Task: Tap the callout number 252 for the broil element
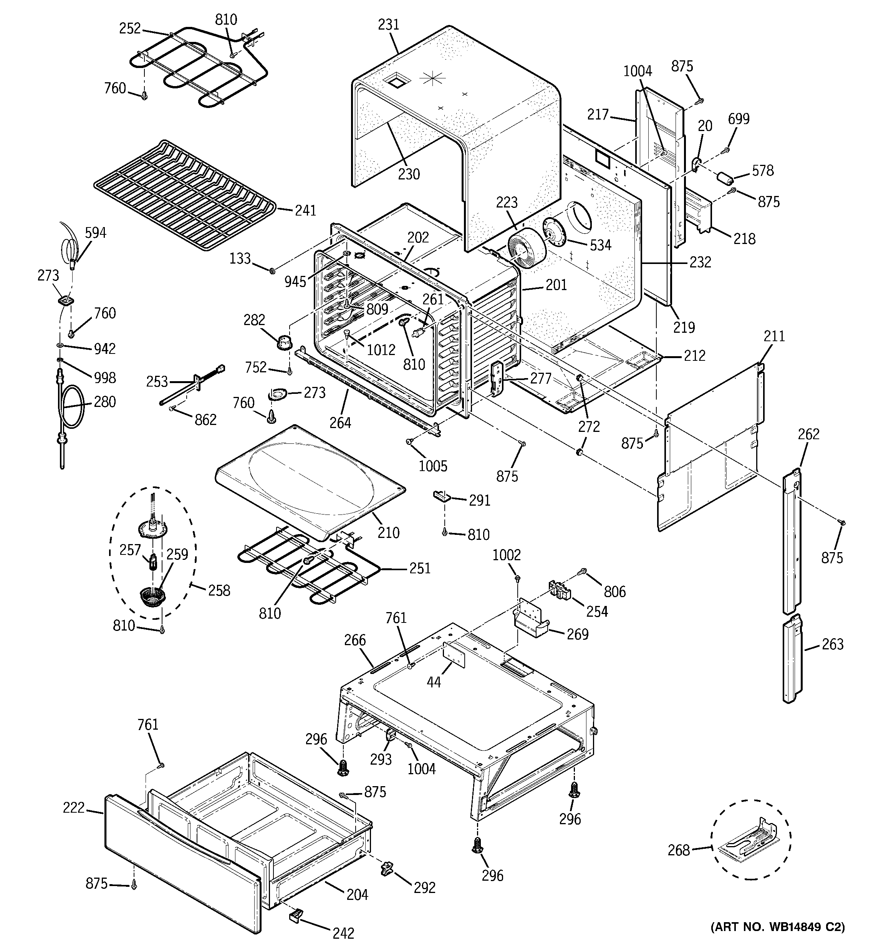129,29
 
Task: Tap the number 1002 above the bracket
507,555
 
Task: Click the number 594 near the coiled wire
95,233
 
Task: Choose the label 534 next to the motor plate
600,245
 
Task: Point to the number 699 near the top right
739,119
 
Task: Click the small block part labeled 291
442,495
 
